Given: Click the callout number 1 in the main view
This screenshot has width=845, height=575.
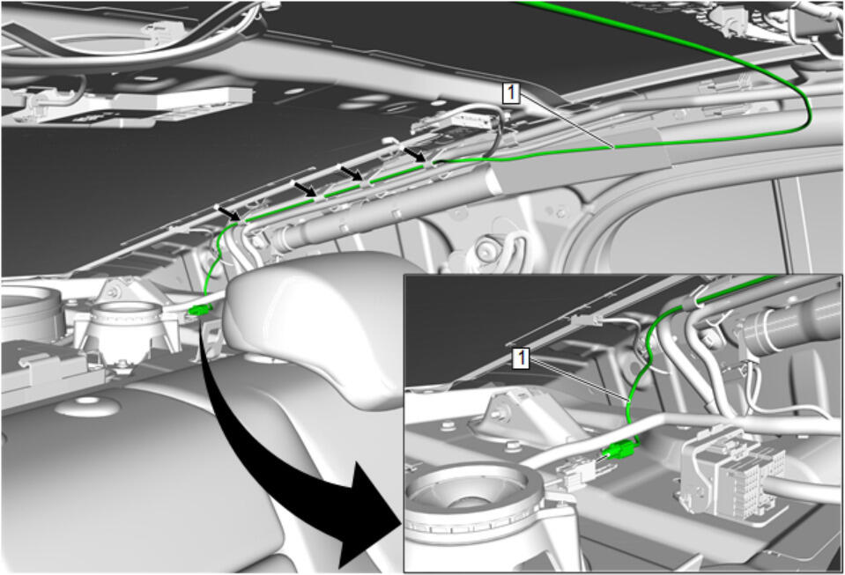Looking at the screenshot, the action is pyautogui.click(x=510, y=92).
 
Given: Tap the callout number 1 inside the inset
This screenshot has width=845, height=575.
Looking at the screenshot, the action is pyautogui.click(x=520, y=358).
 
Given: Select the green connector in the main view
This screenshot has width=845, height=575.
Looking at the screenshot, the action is pyautogui.click(x=200, y=310).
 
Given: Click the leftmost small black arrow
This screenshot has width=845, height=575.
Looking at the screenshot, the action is pyautogui.click(x=227, y=213).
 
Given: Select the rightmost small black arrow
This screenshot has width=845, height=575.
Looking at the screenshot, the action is pyautogui.click(x=416, y=153).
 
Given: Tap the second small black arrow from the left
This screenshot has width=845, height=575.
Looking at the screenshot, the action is pyautogui.click(x=305, y=188).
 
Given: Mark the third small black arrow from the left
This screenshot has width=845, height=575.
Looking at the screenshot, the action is pyautogui.click(x=351, y=173).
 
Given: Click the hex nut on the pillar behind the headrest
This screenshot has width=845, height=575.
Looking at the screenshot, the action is pyautogui.click(x=486, y=248).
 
